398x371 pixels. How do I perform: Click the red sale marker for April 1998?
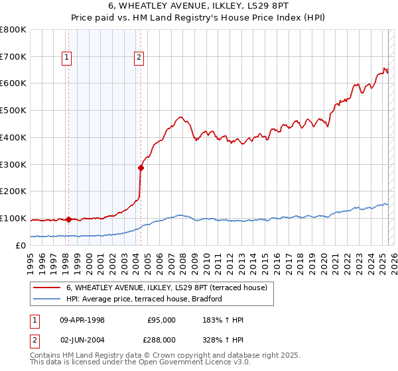[x=68, y=219]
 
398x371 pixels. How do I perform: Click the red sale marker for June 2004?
[x=141, y=168]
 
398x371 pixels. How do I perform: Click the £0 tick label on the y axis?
[x=21, y=245]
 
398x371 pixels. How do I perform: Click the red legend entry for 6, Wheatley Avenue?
[x=166, y=288]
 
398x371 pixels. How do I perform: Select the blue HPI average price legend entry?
[x=143, y=299]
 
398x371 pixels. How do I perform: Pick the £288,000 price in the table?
[x=161, y=340]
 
